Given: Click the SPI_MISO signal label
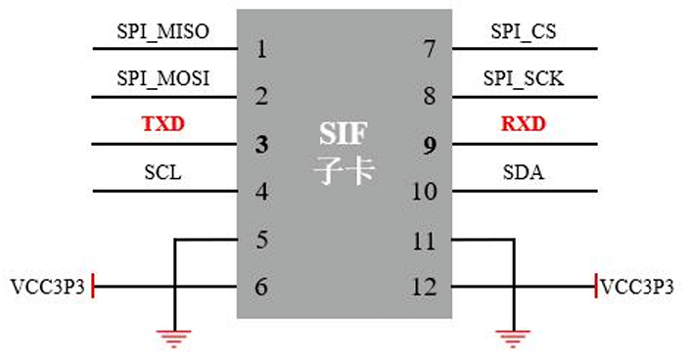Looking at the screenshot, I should [x=162, y=31].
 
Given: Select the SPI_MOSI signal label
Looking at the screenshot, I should [x=162, y=78].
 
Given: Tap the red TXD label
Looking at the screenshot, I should [x=162, y=125].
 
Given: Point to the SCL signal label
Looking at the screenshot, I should [x=162, y=173].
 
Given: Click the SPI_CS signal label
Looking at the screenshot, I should [x=524, y=31].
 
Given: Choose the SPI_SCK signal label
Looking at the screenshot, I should [x=524, y=78].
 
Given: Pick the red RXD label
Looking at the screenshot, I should [x=524, y=125].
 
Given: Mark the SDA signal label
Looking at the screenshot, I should [x=524, y=173].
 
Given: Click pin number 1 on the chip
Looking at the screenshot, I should [x=261, y=49].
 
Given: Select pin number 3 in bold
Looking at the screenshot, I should [x=261, y=145].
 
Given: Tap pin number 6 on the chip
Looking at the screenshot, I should [x=261, y=288].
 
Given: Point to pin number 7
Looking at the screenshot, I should [x=430, y=49].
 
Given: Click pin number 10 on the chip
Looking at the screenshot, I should [x=424, y=192].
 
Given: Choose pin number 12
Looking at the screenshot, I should [x=424, y=288].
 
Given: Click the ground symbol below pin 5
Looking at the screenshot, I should [x=174, y=338].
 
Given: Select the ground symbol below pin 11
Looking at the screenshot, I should [x=510, y=338].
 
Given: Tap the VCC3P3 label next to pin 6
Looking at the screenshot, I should [x=45, y=288].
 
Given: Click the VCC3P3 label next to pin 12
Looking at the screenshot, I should [x=638, y=288].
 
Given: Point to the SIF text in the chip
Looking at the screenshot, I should [x=344, y=133].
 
